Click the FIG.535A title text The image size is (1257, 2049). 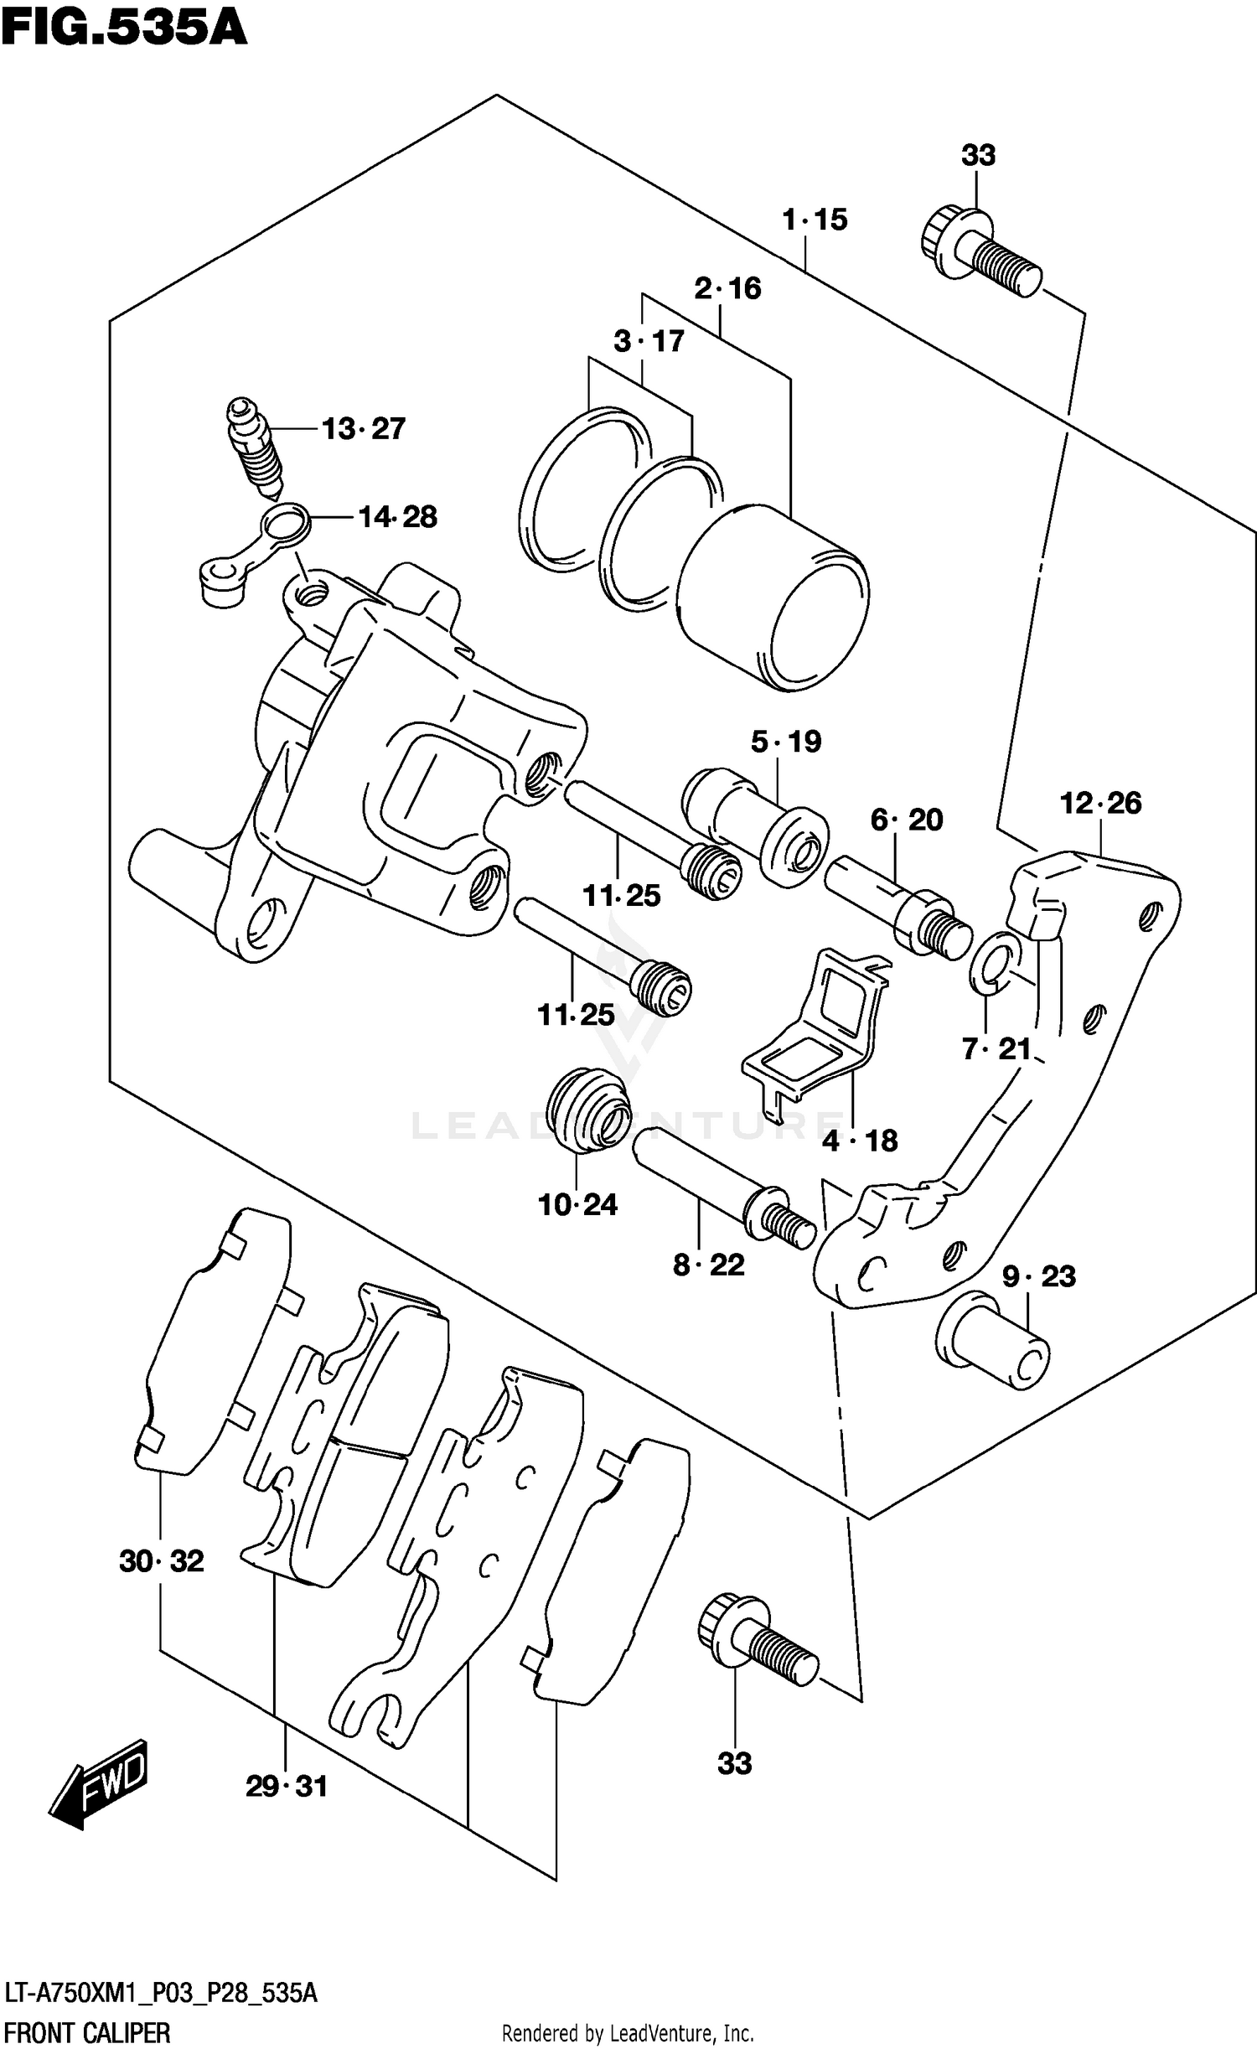123,28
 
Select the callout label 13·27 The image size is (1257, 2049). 363,429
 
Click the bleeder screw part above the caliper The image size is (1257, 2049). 255,448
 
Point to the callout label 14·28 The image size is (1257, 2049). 397,517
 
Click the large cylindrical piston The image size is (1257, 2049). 773,598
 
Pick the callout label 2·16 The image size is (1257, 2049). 727,289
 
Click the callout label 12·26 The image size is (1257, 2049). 1100,804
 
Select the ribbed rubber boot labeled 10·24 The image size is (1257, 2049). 587,1110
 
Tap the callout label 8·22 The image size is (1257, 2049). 708,1265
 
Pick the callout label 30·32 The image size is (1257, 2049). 161,1561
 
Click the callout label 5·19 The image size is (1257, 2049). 785,742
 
